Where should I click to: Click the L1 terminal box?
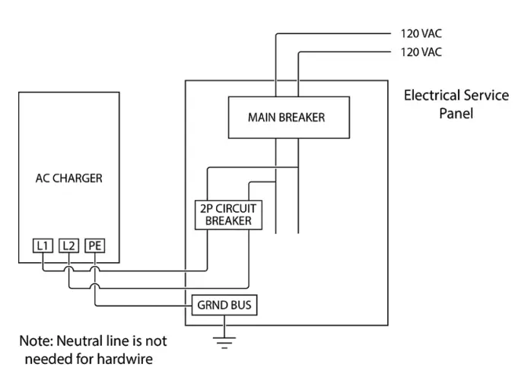(x=43, y=245)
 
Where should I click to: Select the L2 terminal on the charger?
(x=68, y=245)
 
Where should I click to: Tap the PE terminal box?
(x=95, y=245)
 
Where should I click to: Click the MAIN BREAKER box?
(x=289, y=118)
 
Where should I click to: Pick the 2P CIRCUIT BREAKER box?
(x=229, y=215)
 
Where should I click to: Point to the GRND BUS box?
(x=224, y=305)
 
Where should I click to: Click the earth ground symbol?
(x=224, y=342)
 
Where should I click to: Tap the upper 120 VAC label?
(x=421, y=33)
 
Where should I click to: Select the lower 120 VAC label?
(x=421, y=52)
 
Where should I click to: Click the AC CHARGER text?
(x=69, y=179)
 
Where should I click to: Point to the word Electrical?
(x=429, y=96)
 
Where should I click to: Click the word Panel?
(x=456, y=113)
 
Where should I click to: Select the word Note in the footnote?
(x=36, y=341)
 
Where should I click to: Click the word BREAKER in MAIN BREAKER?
(x=302, y=118)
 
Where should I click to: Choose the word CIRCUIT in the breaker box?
(x=236, y=209)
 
